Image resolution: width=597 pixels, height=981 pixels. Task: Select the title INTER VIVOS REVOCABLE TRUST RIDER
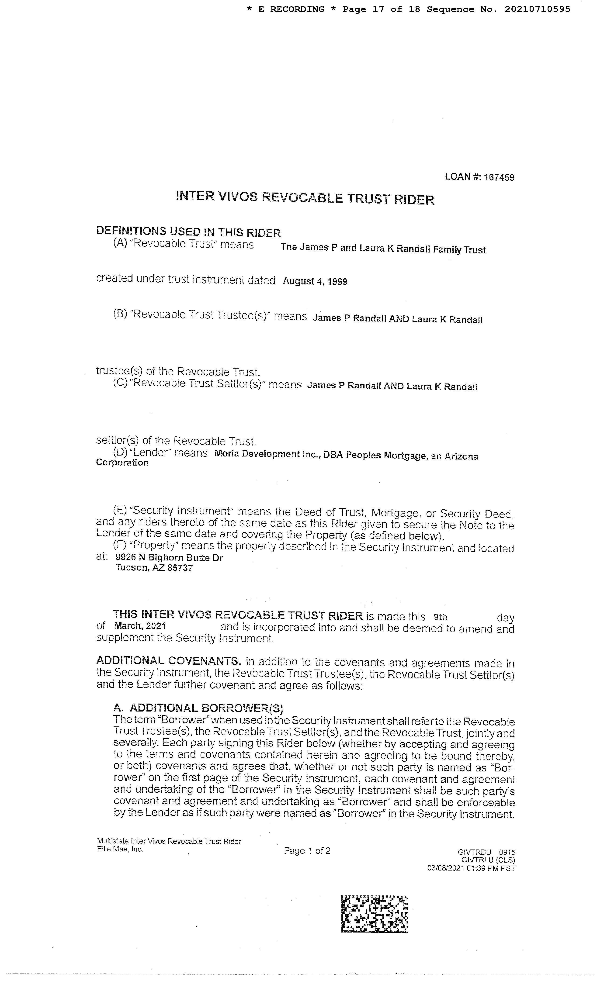[x=305, y=198]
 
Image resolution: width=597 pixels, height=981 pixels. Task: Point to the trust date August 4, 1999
[x=315, y=281]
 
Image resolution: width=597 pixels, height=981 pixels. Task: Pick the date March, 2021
[x=140, y=626]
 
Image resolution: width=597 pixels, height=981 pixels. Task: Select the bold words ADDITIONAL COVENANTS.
[x=168, y=661]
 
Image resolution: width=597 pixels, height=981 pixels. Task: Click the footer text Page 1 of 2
[x=307, y=851]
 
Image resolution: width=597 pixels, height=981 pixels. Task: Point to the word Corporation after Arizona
[x=122, y=462]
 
